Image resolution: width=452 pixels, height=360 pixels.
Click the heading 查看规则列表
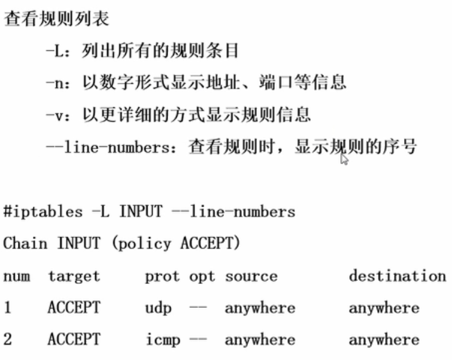[56, 19]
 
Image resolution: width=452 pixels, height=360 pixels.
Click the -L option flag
[55, 51]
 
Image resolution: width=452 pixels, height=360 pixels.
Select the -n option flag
[55, 82]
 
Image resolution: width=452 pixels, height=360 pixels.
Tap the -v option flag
[55, 114]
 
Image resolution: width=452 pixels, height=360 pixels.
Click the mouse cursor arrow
[344, 159]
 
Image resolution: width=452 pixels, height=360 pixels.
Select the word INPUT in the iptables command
[141, 211]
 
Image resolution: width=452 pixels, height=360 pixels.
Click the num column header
[17, 276]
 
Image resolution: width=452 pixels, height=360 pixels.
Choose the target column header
[74, 276]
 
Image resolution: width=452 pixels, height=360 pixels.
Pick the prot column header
[162, 276]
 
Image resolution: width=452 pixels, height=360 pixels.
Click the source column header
[251, 276]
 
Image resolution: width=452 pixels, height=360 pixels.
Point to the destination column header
[397, 276]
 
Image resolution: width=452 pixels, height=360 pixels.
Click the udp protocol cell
[158, 308]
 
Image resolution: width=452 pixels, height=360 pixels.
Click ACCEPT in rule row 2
[74, 340]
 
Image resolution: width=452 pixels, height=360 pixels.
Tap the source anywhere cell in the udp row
[260, 308]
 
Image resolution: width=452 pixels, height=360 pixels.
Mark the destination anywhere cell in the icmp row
[384, 340]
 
